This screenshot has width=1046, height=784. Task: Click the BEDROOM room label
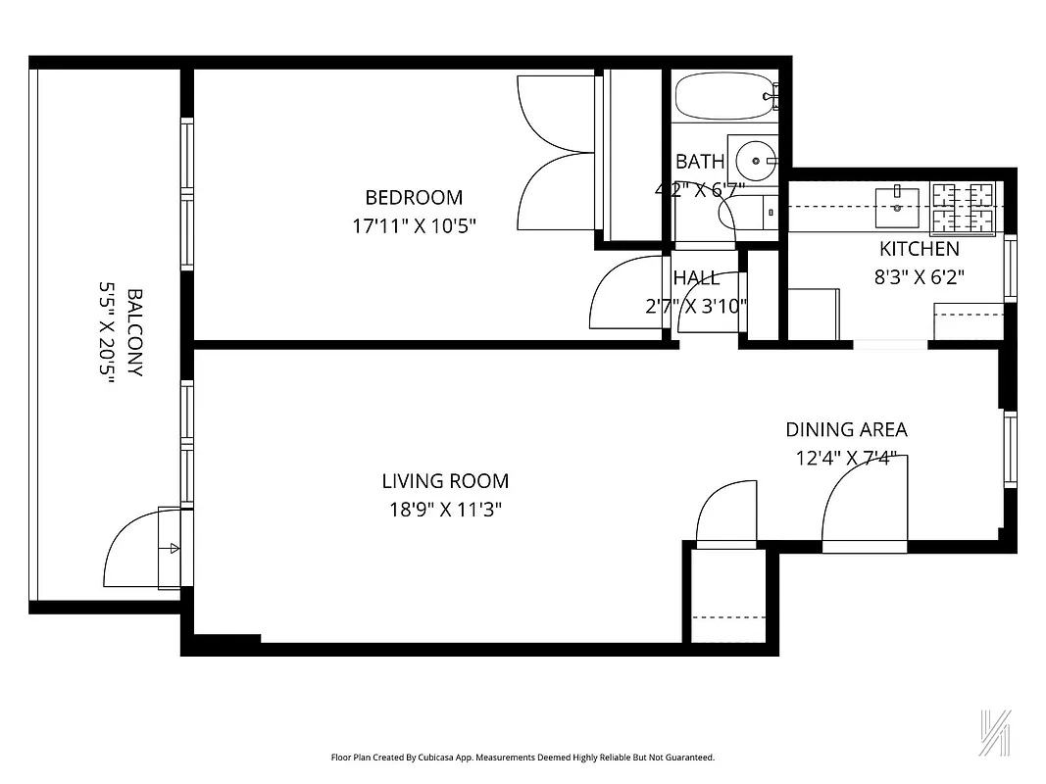point(414,197)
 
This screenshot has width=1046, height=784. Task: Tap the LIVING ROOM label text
point(445,481)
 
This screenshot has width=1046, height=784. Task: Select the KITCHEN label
point(919,249)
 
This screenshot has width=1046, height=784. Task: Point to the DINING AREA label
point(846,429)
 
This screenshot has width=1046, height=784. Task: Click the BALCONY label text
point(135,332)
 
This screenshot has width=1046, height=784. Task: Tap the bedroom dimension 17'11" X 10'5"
point(420,226)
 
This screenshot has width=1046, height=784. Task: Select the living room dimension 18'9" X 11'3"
point(447,510)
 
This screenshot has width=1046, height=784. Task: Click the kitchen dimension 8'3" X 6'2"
point(920,277)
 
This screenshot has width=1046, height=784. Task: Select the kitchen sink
point(899,201)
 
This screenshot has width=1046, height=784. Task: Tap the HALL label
point(696,278)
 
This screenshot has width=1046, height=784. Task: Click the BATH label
point(700,162)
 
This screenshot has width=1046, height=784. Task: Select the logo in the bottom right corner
point(996,732)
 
